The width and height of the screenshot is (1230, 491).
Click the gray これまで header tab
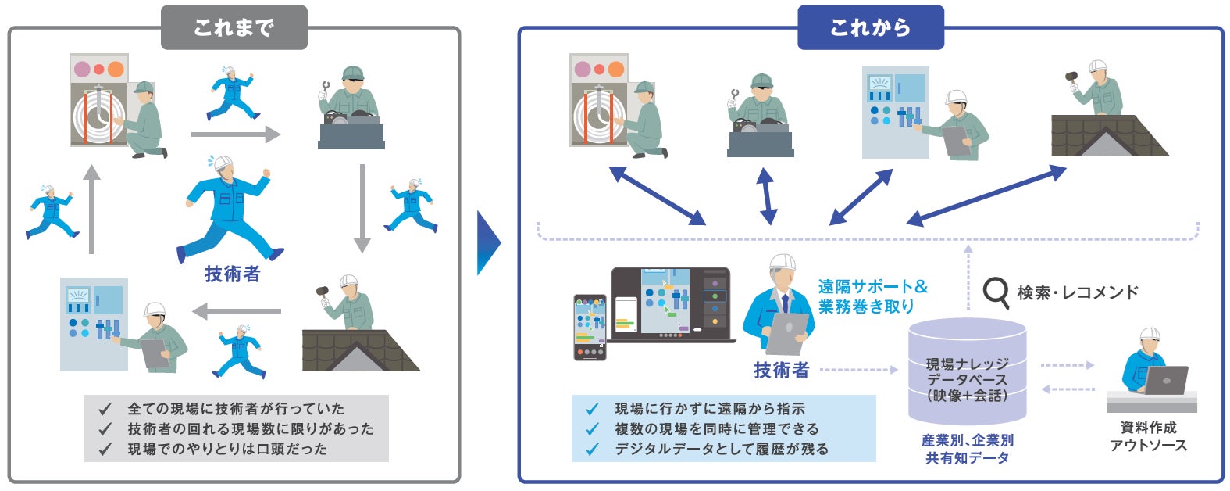[234, 28]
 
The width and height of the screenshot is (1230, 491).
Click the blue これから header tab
[870, 28]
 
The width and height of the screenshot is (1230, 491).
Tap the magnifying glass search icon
[996, 292]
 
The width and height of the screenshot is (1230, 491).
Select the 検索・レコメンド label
[1078, 292]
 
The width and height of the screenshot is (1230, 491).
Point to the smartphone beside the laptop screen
[590, 327]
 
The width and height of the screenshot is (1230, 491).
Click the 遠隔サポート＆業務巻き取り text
[873, 296]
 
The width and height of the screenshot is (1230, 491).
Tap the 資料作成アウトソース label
[1148, 436]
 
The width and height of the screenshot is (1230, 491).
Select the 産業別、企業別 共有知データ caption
[967, 449]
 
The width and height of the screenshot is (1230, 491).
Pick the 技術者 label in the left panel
[232, 274]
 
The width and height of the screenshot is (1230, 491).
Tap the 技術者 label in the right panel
[781, 370]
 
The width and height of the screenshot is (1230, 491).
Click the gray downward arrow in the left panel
[362, 208]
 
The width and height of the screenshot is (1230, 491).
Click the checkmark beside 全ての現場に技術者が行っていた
[105, 409]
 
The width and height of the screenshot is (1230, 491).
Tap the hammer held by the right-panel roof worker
[1071, 77]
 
